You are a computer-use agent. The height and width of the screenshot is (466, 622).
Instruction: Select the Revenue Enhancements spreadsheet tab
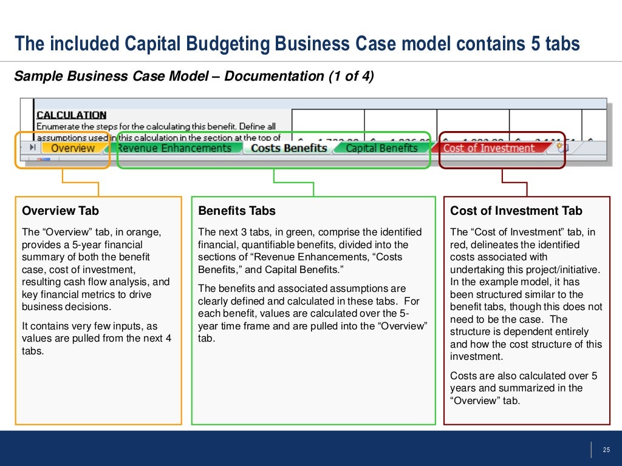coord(174,148)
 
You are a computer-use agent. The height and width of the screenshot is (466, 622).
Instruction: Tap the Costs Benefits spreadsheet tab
coord(289,148)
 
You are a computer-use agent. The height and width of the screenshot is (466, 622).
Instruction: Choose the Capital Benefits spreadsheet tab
coord(381,148)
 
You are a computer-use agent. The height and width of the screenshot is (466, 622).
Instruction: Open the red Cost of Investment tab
coord(488,148)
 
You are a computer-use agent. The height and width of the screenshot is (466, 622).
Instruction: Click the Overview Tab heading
coord(60,211)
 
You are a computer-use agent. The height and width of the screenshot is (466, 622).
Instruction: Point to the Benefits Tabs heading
coord(237,211)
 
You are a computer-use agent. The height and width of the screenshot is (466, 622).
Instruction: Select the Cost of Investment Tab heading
coord(516,211)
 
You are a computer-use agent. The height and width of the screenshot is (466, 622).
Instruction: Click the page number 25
coord(606,450)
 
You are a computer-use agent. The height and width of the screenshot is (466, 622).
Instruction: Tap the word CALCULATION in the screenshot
coord(71,115)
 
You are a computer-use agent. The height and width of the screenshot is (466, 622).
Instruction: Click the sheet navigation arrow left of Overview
coord(32,147)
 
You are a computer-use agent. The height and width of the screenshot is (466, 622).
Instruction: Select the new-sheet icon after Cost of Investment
coord(562,147)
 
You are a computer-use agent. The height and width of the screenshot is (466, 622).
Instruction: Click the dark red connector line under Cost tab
coord(502,177)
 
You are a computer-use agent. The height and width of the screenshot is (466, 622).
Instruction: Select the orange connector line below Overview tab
coord(63,177)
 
